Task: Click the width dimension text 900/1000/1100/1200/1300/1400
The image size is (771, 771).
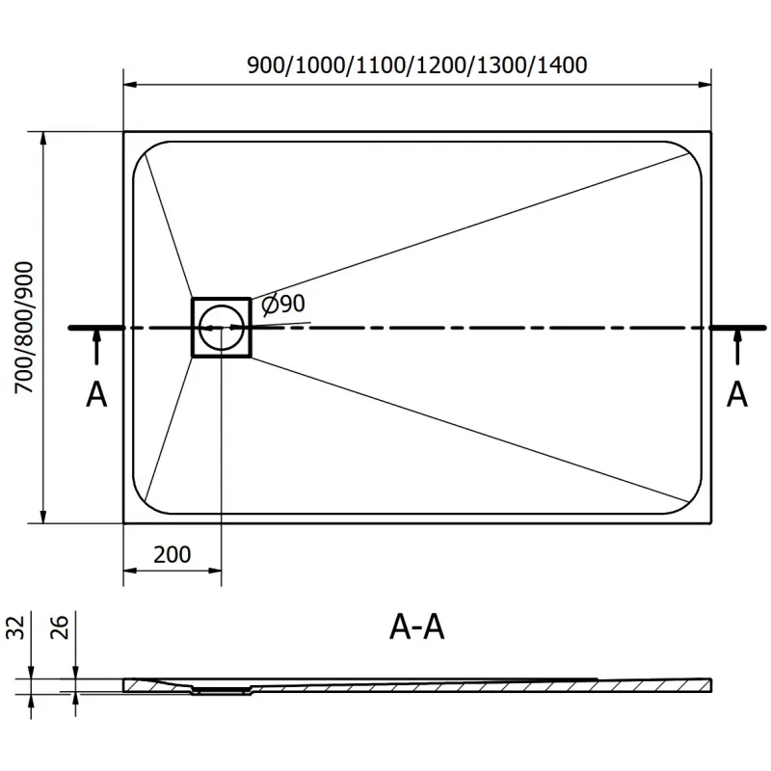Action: tap(417, 66)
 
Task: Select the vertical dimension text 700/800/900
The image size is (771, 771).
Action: tap(22, 327)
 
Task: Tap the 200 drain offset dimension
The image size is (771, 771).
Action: tap(173, 554)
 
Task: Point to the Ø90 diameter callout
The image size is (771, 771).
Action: tap(283, 304)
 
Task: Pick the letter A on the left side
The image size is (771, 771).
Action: tap(96, 394)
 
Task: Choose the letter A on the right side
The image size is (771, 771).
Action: tap(737, 394)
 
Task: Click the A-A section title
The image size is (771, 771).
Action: tap(416, 628)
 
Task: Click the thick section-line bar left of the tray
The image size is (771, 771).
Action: tap(96, 328)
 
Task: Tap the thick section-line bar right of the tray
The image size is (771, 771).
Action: tap(737, 328)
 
